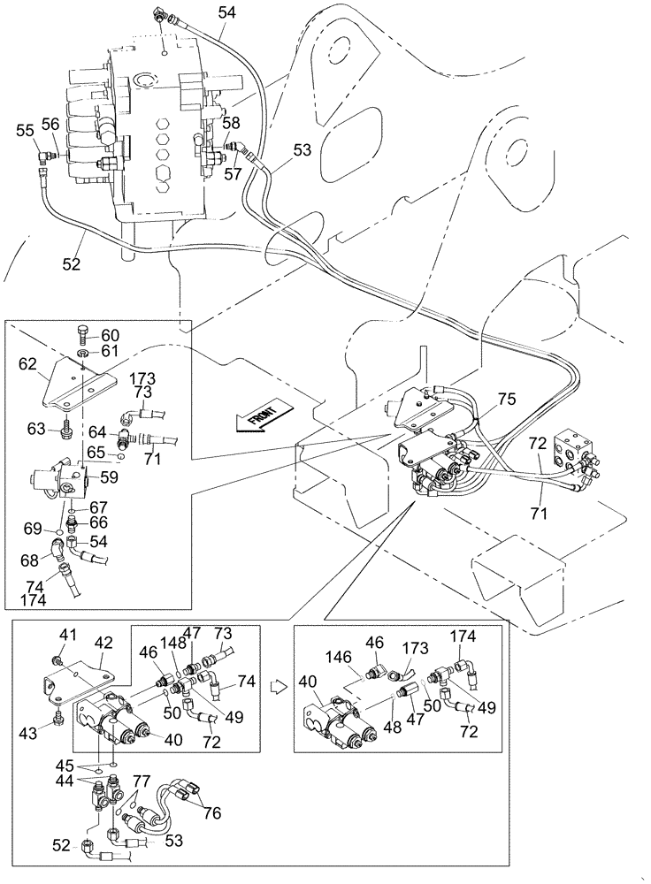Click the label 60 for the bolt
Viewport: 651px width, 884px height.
point(109,335)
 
